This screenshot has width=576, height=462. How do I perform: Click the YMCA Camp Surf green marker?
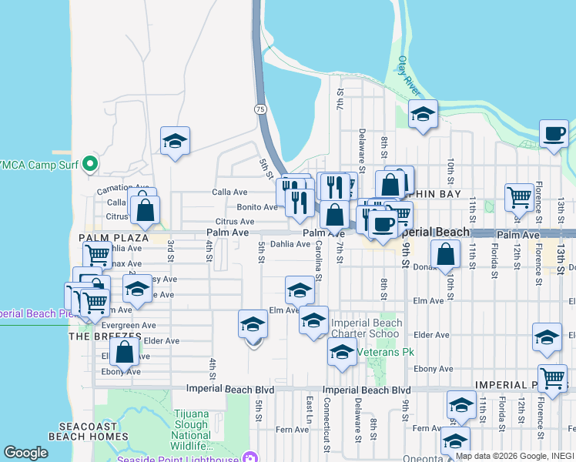[90, 163]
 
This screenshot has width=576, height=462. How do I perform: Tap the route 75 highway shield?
[261, 110]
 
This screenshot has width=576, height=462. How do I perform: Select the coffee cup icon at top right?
[554, 133]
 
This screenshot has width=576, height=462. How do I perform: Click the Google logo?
[25, 453]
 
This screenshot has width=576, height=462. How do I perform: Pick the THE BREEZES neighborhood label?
[105, 336]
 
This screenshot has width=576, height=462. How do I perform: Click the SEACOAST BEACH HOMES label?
[89, 430]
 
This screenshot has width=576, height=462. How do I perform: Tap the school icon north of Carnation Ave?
[176, 141]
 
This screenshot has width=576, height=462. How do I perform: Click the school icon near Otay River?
[423, 114]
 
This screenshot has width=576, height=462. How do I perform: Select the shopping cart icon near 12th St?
[520, 196]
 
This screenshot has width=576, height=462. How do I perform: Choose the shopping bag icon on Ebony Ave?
[124, 353]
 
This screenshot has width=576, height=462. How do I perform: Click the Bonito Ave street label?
[257, 207]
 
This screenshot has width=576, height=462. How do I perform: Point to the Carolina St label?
[318, 262]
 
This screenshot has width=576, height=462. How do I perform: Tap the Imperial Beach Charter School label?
[365, 329]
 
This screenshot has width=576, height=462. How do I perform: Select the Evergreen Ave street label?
[106, 326]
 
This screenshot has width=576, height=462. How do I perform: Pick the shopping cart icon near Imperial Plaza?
[552, 377]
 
